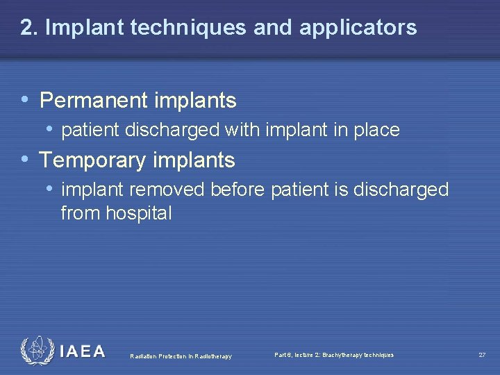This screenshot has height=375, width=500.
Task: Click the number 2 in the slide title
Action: pos(27,28)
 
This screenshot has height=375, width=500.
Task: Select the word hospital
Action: pos(138,214)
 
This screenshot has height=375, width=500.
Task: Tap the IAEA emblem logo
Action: pos(36,350)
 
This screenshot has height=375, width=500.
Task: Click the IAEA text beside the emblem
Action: pos(83,351)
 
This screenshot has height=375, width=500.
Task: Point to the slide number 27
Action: pos(482,356)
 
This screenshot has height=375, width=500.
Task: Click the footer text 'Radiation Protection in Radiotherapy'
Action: pos(181,357)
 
